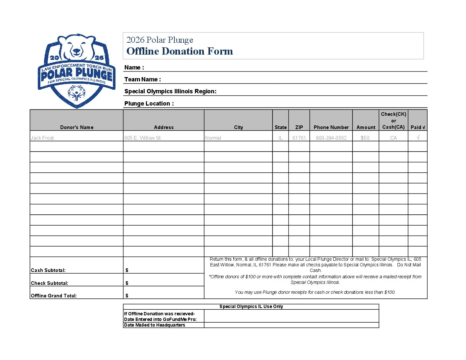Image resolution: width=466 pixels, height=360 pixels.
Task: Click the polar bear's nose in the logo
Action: click(76, 52)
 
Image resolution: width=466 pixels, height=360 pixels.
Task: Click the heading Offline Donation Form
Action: click(179, 51)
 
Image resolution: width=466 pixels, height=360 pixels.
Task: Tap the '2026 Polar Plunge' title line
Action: click(160, 40)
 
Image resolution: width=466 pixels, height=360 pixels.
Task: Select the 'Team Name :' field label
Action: click(142, 79)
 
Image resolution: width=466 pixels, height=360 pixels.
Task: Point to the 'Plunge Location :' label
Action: click(149, 104)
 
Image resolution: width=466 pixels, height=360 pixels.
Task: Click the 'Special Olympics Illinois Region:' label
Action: click(170, 91)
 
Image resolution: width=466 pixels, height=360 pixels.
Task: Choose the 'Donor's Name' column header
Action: click(77, 127)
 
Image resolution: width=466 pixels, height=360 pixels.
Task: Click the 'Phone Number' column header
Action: click(331, 127)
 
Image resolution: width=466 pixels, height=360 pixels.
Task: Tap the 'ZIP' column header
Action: click(299, 127)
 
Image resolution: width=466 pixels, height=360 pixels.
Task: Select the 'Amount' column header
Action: click(366, 127)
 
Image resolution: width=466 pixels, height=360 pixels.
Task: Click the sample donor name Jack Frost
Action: click(42, 138)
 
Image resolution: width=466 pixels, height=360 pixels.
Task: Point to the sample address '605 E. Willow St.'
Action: click(143, 138)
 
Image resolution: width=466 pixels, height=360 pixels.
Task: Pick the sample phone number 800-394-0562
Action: click(331, 138)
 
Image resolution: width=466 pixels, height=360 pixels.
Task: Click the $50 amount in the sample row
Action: click(365, 138)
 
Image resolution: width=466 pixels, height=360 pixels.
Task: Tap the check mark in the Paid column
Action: click(418, 138)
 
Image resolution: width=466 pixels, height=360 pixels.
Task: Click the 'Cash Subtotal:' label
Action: click(48, 270)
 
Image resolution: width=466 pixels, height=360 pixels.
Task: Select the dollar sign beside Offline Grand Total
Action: click(127, 296)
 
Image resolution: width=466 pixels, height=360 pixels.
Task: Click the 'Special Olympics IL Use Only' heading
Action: click(251, 307)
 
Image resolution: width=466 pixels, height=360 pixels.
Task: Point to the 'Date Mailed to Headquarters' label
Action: click(154, 325)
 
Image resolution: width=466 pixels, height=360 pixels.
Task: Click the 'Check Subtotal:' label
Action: click(49, 283)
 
